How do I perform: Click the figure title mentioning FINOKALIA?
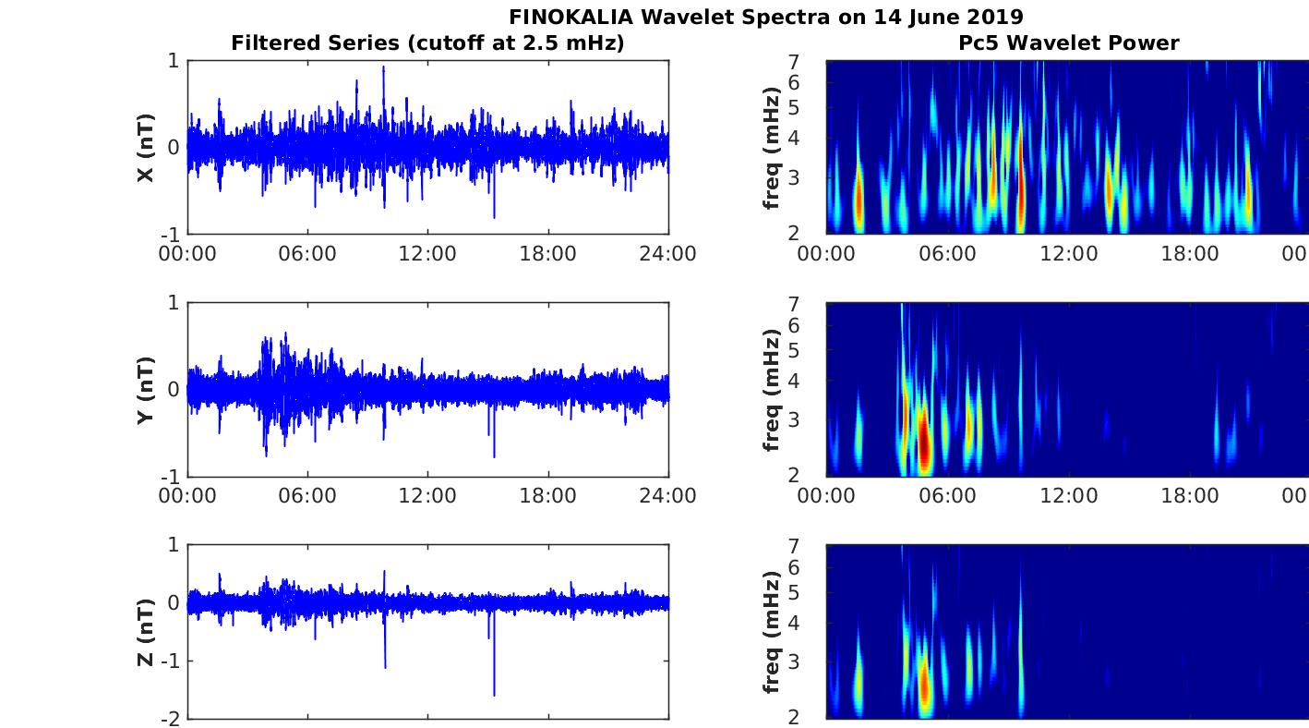click(x=765, y=17)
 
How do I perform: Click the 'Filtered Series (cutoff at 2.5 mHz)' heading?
click(x=427, y=42)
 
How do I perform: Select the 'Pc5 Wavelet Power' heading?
click(x=1068, y=42)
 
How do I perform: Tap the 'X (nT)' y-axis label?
click(x=145, y=148)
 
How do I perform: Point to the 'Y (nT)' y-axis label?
click(x=145, y=390)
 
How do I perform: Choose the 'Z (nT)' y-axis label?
click(x=145, y=633)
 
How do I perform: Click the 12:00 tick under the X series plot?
click(x=427, y=253)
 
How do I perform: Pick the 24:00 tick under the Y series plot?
click(x=667, y=495)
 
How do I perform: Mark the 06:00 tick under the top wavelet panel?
click(x=947, y=253)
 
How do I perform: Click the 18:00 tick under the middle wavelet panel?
click(x=1189, y=495)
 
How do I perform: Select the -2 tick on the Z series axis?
click(x=171, y=718)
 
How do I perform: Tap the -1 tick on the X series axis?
click(x=171, y=234)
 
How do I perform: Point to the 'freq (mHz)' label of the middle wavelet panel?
click(x=773, y=390)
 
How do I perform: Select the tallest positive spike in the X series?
click(x=383, y=68)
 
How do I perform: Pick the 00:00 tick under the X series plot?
click(x=187, y=253)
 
